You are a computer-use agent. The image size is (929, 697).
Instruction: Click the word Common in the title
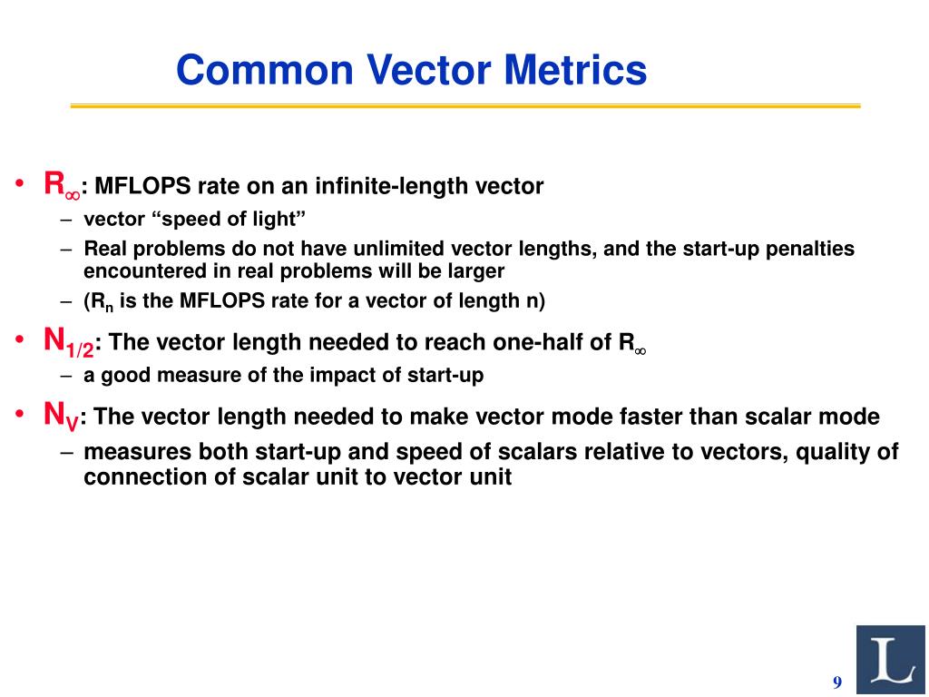[x=265, y=70]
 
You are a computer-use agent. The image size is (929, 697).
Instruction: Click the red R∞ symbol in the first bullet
[x=62, y=185]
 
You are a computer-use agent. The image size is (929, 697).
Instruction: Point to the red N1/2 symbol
[x=69, y=342]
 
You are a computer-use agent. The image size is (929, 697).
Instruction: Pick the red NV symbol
[x=61, y=416]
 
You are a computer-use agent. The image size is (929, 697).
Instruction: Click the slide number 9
[x=837, y=682]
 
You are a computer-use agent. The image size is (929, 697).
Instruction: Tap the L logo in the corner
[x=891, y=660]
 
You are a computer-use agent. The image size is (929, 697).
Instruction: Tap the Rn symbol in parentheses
[x=102, y=301]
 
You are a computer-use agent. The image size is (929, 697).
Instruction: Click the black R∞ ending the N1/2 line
[x=632, y=343]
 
